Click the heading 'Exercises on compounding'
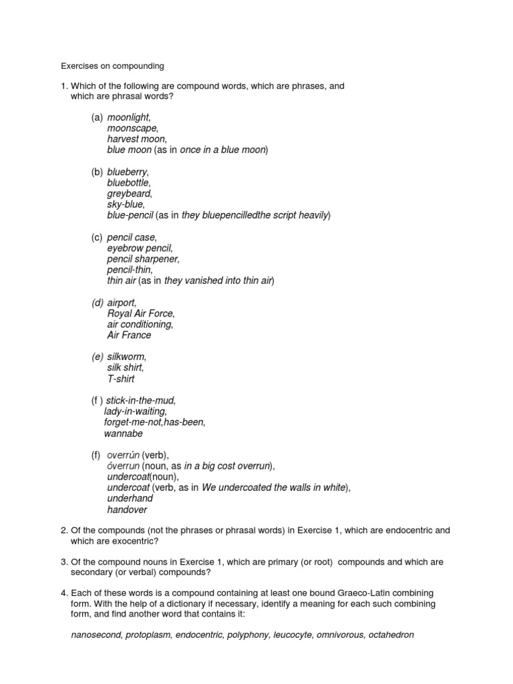112,66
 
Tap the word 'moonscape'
132,128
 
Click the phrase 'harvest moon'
136,139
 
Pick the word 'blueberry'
128,172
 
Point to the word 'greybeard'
130,194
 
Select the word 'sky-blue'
125,204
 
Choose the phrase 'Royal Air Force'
140,314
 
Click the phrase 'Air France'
129,335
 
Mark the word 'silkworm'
126,357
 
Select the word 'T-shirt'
121,379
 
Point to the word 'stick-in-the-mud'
140,401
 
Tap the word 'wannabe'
124,434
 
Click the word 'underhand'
130,498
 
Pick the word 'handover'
127,510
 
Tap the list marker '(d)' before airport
98,303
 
